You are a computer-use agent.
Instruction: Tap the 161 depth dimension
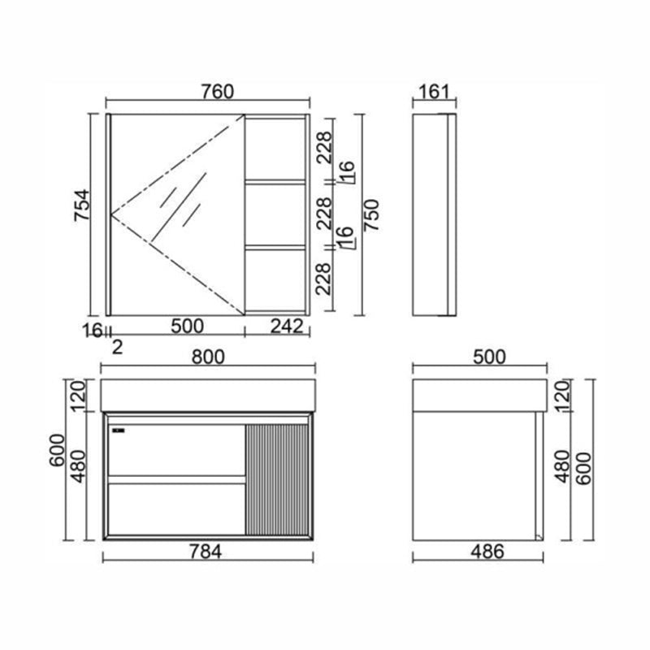(x=435, y=91)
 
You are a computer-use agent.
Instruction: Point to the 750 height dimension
(x=371, y=214)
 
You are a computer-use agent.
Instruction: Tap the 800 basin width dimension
(x=209, y=357)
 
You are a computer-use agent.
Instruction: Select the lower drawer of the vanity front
(x=176, y=509)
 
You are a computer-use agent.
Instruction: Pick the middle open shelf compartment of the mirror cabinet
(x=276, y=214)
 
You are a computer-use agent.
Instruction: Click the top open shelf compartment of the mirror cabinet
(x=276, y=147)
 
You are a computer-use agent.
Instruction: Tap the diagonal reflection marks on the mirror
(x=184, y=203)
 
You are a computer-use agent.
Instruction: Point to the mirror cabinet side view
(x=434, y=214)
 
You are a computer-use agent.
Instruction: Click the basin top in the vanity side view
(x=478, y=395)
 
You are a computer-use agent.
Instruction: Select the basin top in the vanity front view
(x=208, y=395)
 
